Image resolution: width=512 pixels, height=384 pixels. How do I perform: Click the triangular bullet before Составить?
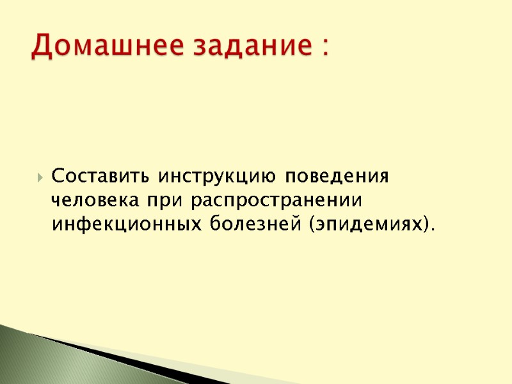41,177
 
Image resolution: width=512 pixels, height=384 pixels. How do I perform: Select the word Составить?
100,175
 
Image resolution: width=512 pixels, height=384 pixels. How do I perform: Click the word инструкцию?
218,175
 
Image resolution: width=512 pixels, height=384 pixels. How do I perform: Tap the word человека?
95,200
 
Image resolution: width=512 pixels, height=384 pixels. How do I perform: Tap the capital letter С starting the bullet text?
57,175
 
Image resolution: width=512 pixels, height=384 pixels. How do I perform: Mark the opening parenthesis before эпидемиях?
311,226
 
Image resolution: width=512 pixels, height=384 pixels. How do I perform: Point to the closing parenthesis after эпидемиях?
423,226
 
